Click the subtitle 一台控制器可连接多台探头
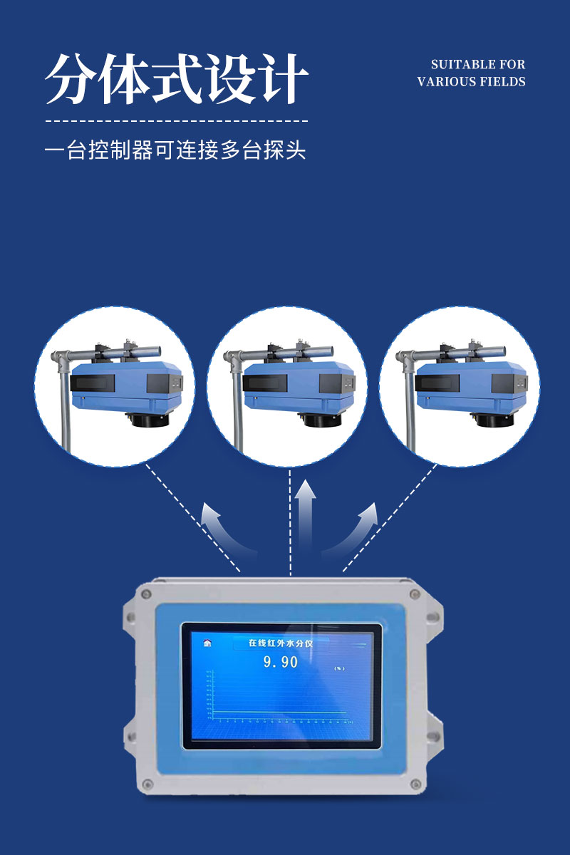pos(175,151)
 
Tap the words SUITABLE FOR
pos(477,65)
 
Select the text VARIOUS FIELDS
pos(471,82)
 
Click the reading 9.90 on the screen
pos(281,662)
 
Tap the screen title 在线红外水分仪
pos(280,643)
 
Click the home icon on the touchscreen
pos(207,643)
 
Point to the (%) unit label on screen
pos(338,668)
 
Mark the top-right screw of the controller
pos(414,593)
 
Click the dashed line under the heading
pos(177,121)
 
